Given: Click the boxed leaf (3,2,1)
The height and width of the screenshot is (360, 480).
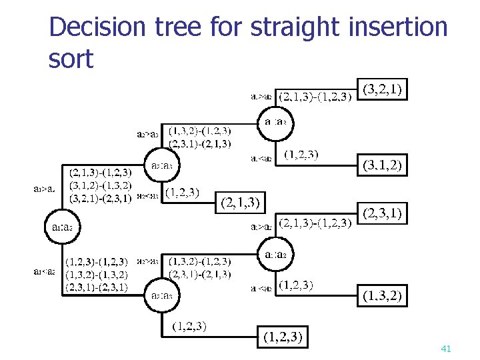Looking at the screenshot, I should tap(383, 89).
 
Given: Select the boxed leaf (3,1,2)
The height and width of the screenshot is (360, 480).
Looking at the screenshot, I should tap(383, 165).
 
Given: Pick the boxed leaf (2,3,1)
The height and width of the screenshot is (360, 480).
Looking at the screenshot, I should tap(383, 214).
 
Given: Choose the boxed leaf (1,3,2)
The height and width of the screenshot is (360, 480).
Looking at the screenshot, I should tap(383, 296).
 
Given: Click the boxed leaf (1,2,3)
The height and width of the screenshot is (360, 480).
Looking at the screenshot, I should tap(283, 338).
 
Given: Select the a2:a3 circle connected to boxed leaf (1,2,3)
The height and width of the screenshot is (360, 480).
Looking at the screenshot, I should tap(163, 296).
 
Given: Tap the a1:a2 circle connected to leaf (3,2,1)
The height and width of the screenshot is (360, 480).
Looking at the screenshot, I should tap(276, 123).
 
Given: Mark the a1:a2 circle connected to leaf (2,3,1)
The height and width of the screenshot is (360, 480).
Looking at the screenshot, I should tap(276, 255).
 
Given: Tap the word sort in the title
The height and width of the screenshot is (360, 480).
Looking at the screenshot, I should tap(71, 59).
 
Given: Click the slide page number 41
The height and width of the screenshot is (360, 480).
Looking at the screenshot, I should tap(446, 349).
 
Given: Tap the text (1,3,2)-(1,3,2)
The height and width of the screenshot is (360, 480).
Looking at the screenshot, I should tap(97, 275).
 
